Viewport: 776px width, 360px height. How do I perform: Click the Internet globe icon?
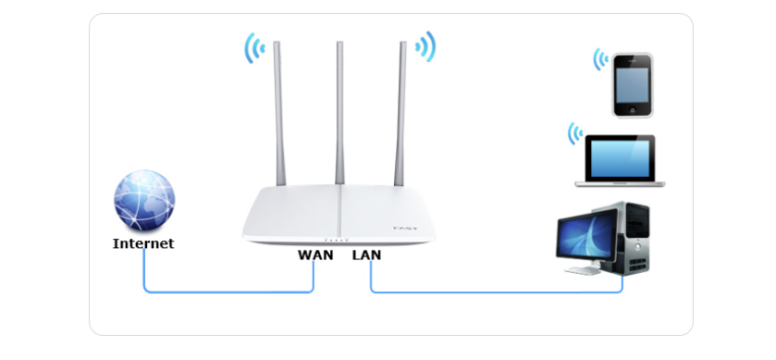(143, 200)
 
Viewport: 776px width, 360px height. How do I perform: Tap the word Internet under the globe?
(143, 244)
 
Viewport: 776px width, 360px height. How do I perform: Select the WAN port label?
(315, 254)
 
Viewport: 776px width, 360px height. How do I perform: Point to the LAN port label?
(366, 254)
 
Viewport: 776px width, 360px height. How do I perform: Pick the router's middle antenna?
(339, 111)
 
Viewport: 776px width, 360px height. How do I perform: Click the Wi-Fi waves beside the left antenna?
(252, 48)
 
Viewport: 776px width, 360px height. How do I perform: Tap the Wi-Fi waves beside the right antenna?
(426, 46)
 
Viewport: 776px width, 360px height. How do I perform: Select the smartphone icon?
(633, 84)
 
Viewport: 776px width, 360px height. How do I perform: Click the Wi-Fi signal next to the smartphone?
(601, 61)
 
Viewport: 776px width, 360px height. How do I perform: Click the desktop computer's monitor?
(584, 238)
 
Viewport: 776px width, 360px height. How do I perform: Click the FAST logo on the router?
(405, 227)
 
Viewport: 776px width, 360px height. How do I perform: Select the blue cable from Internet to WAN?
(227, 292)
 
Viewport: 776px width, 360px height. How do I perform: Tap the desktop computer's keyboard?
(585, 272)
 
